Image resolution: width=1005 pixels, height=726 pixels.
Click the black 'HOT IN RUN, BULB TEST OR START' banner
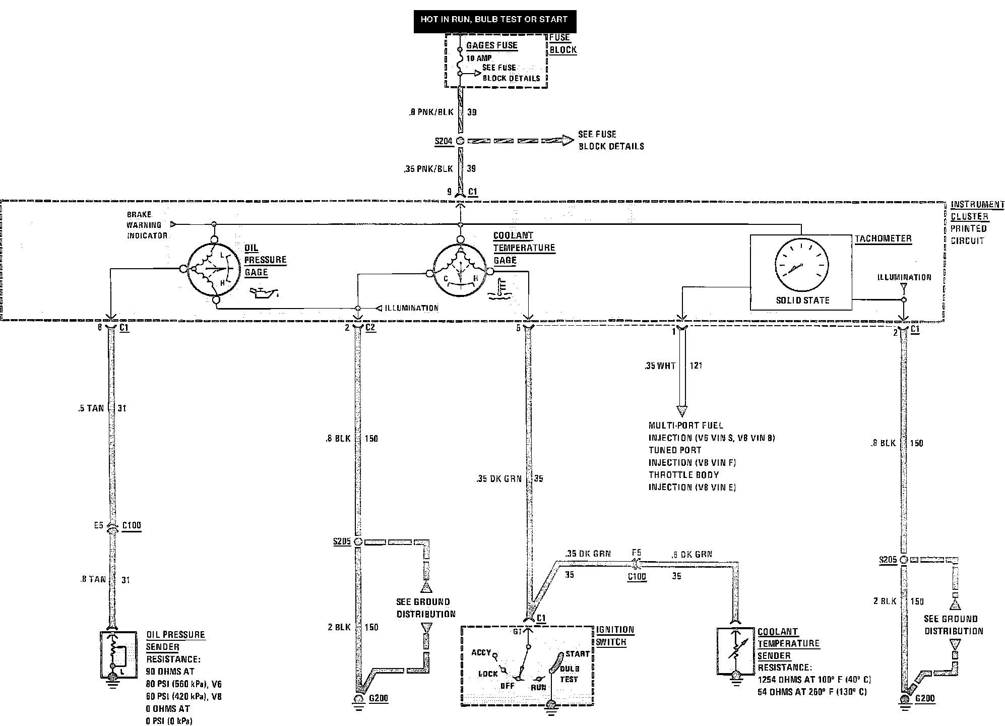[494, 20]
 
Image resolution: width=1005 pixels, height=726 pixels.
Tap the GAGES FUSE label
[491, 45]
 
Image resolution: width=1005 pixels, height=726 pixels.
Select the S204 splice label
[444, 141]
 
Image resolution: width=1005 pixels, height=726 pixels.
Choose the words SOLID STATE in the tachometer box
[802, 300]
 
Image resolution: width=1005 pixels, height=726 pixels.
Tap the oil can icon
[263, 293]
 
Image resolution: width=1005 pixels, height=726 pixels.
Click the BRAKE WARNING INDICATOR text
[146, 225]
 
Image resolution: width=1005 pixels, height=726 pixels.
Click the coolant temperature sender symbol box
[735, 651]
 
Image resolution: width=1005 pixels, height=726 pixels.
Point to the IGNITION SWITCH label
[615, 636]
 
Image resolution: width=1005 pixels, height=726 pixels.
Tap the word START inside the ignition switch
[577, 654]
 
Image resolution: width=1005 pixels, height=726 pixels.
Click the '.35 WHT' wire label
[660, 366]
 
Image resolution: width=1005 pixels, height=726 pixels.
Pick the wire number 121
[696, 366]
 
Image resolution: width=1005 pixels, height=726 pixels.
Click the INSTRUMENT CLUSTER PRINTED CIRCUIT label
[977, 222]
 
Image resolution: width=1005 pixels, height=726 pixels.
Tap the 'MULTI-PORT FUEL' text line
[685, 426]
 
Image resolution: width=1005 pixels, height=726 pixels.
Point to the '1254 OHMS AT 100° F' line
[814, 680]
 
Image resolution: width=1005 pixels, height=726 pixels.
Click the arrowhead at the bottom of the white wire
[681, 411]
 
